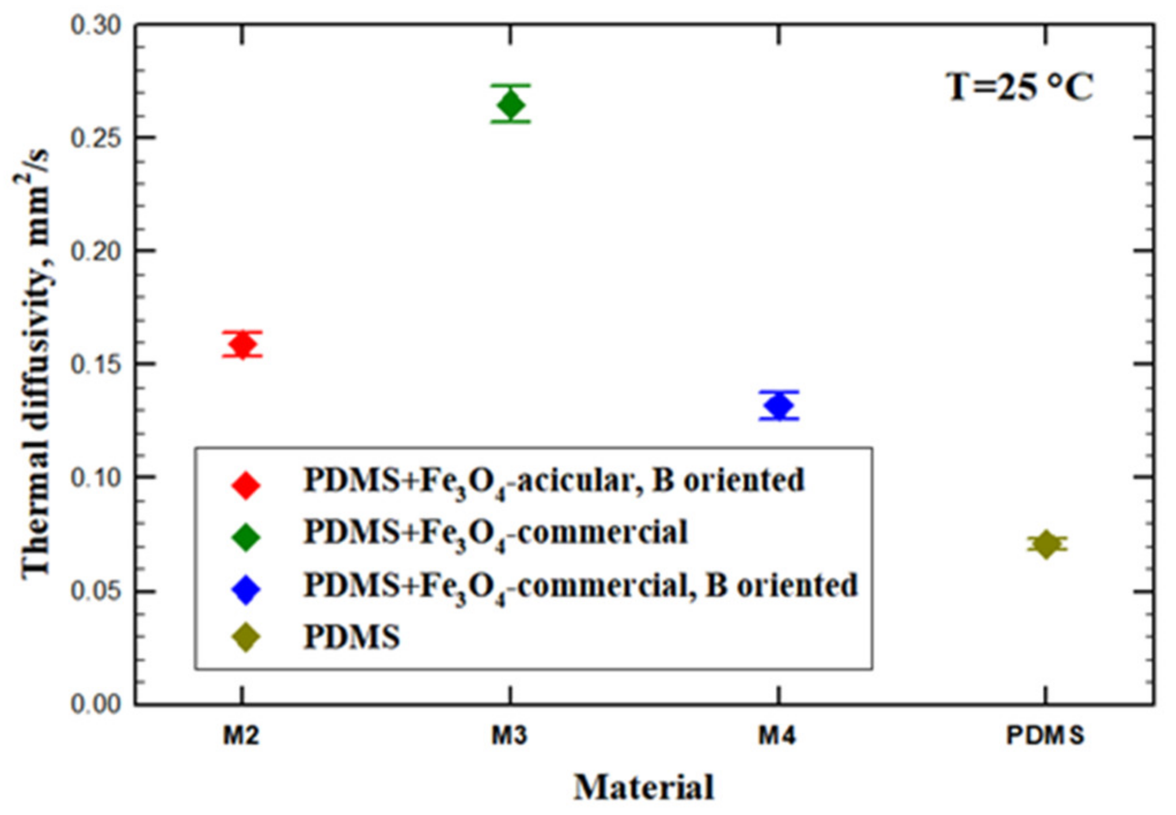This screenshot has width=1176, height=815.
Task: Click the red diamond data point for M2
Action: coord(242,344)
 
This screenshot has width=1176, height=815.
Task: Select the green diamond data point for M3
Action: coord(511,104)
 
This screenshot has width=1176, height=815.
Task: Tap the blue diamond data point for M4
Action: coord(779,405)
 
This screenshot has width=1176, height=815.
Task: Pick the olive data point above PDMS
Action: coord(1046,544)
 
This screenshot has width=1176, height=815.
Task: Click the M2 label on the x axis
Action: coord(241,736)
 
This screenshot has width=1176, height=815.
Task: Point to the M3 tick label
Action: coord(509,736)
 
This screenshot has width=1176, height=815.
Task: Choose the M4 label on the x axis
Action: coord(777,736)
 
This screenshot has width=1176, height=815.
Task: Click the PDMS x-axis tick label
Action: coord(1045,736)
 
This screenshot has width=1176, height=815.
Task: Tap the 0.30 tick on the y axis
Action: coord(96,25)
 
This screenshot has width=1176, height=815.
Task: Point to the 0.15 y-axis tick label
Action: coord(96,365)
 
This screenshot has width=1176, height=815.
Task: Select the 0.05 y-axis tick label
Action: coord(96,592)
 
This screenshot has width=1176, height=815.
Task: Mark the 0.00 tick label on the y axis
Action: coord(96,704)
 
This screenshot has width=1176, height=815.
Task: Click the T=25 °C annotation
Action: coord(1019,88)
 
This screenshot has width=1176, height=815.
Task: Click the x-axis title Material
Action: coord(644,787)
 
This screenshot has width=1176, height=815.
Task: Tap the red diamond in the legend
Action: coord(246,484)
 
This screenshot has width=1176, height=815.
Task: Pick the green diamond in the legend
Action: coord(246,537)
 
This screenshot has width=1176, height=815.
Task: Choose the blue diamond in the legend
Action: coord(246,589)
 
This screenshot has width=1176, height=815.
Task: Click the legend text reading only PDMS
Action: coord(351,637)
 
